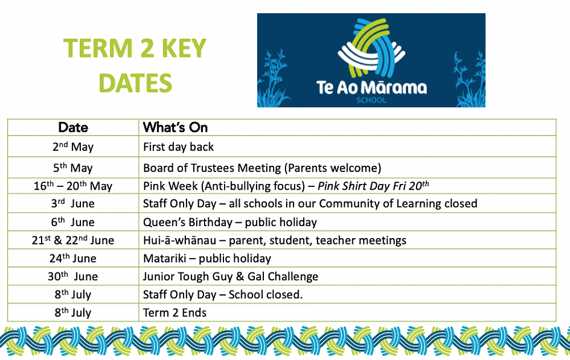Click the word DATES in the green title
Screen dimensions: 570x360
coord(135,83)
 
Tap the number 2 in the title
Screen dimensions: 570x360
coord(147,48)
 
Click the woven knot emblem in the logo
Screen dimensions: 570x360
coord(371,48)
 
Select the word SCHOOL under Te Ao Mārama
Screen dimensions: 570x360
coord(371,100)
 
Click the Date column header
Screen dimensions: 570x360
coord(73,128)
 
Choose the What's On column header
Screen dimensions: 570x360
coord(175,128)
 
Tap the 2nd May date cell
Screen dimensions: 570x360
coord(73,146)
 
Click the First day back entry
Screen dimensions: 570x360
coord(178,147)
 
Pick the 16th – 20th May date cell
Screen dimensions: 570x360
coord(73,186)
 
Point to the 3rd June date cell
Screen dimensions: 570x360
coord(73,203)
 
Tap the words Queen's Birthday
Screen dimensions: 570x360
coord(188,222)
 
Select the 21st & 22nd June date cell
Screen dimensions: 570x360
coord(73,240)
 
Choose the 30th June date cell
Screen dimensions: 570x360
coord(73,276)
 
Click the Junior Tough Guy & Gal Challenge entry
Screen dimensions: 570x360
coord(230,276)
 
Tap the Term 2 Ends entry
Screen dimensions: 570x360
coord(175,313)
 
